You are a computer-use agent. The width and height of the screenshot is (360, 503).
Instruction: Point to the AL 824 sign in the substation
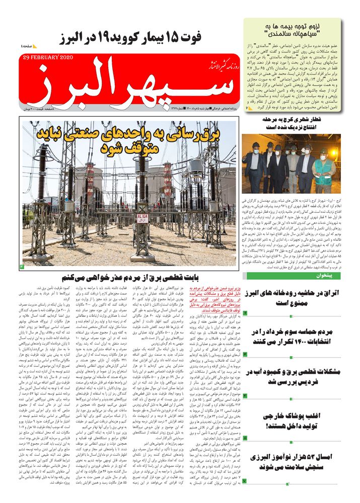pyautogui.click(x=142, y=218)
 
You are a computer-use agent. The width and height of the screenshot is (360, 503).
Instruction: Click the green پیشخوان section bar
pyautogui.click(x=300, y=276)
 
